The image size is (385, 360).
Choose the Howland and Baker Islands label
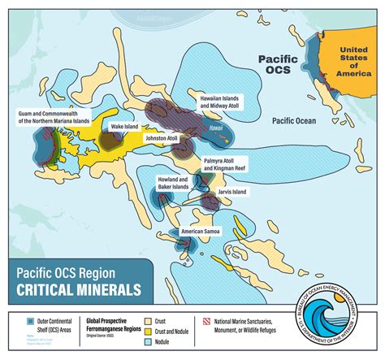point(172,182)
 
